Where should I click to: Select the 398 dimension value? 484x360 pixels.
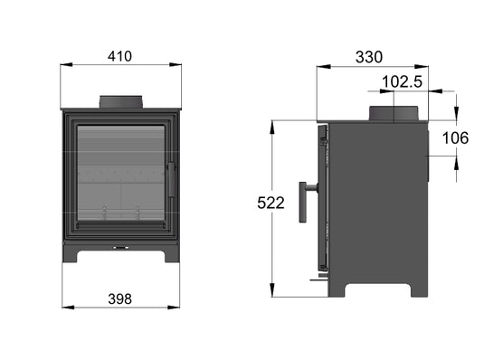(x=119, y=298)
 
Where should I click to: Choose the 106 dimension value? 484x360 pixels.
(x=457, y=138)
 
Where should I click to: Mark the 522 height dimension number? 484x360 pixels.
(x=271, y=204)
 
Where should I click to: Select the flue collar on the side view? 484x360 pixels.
(x=392, y=113)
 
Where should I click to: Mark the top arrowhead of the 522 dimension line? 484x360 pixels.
(x=274, y=126)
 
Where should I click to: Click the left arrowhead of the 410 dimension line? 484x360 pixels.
(x=65, y=65)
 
